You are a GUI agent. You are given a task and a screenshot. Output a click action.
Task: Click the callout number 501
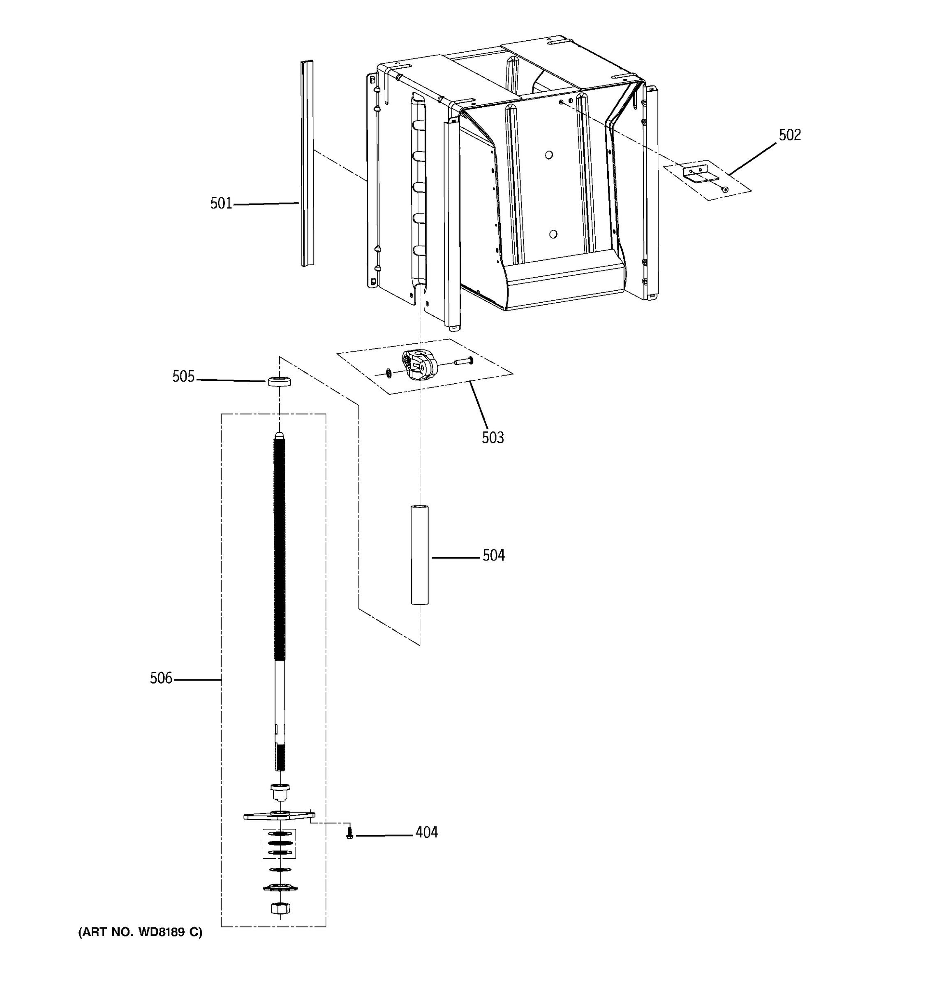(221, 203)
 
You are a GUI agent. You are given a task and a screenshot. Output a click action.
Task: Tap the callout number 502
(789, 135)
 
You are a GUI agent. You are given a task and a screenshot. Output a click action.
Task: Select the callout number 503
(493, 438)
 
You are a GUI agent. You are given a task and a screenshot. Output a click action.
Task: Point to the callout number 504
(493, 555)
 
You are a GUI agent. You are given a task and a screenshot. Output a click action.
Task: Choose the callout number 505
(183, 376)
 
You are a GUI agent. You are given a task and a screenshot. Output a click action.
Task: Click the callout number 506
(161, 678)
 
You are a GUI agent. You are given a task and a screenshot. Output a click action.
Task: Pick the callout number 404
(426, 832)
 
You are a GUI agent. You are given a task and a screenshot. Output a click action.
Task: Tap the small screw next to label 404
(350, 832)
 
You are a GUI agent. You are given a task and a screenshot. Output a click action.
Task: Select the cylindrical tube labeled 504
(420, 555)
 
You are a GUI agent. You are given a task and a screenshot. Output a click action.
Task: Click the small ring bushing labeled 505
(279, 382)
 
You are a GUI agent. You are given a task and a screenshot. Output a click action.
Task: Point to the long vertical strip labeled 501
(307, 164)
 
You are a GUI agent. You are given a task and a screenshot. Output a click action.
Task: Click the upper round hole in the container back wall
(549, 155)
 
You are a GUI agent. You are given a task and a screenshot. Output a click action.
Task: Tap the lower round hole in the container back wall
(553, 234)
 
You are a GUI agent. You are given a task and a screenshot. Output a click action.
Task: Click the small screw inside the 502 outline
(725, 189)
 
